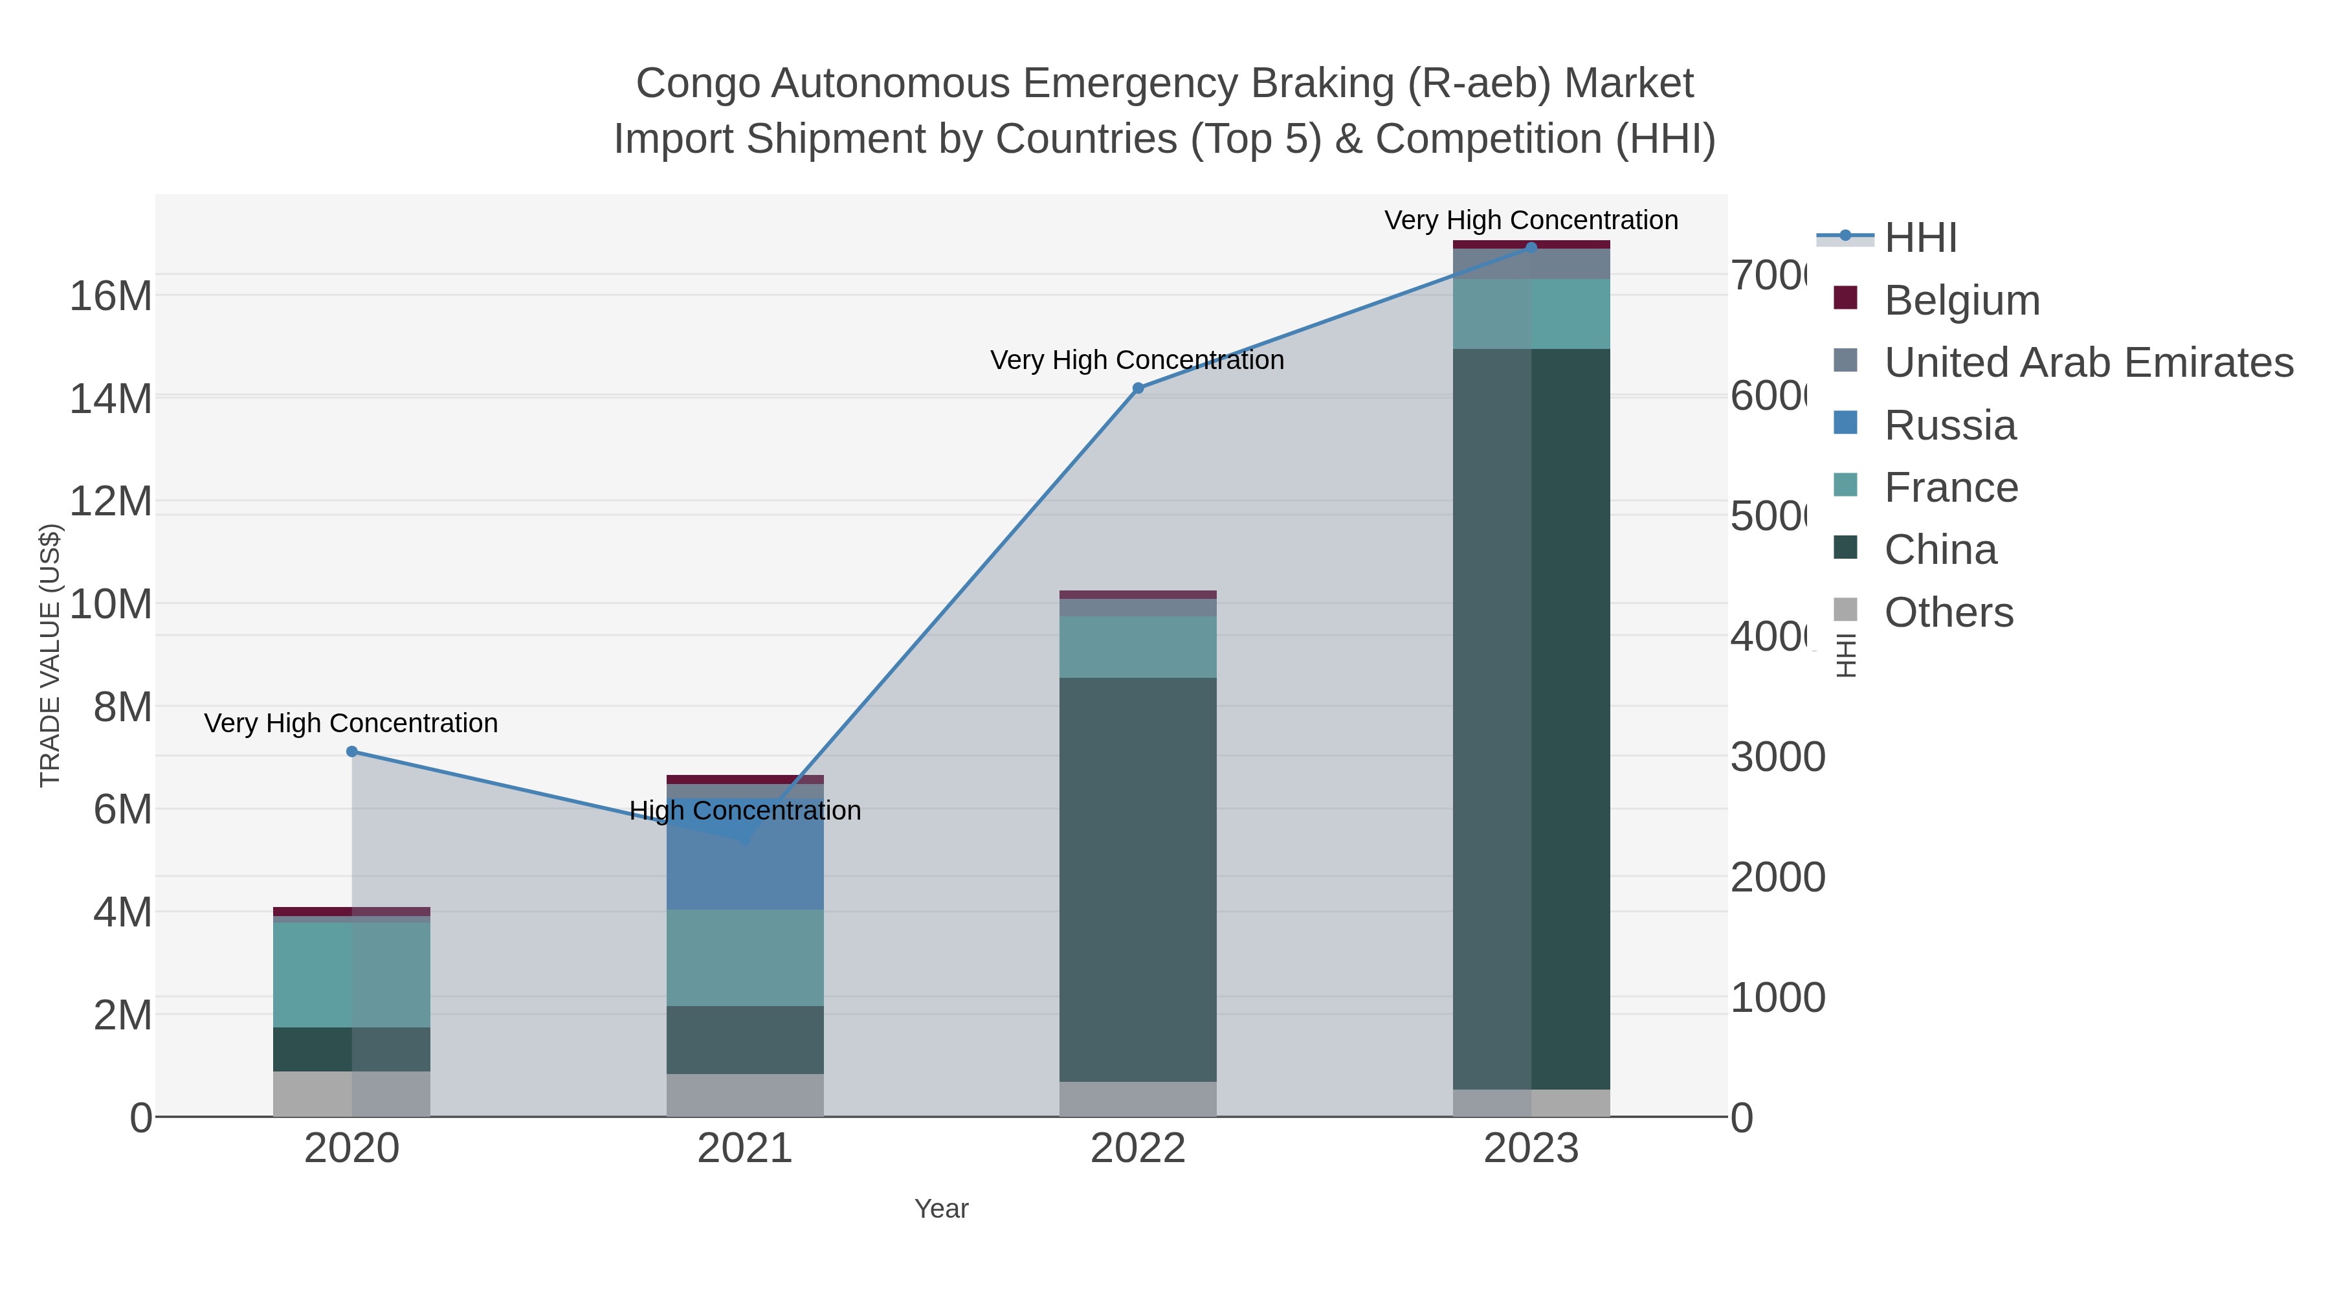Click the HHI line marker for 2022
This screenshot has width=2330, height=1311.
1138,388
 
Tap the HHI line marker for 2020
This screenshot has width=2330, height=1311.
352,752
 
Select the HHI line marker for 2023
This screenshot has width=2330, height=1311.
1531,247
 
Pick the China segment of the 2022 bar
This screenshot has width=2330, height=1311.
1137,878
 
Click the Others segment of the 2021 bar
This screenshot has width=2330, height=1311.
744,1095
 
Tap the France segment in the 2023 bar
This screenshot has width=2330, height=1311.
1531,313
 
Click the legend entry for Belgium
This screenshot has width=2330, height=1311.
1961,300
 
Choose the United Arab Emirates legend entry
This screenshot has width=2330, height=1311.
2087,363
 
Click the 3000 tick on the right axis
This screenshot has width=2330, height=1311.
1777,757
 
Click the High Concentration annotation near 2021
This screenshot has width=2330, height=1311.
744,810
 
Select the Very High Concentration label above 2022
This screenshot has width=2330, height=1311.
1137,360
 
